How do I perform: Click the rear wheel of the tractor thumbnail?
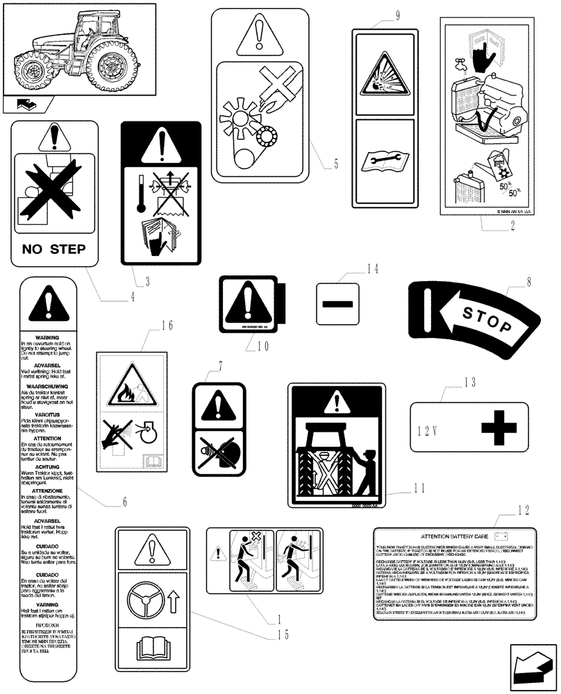(110, 66)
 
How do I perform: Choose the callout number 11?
(418, 487)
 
